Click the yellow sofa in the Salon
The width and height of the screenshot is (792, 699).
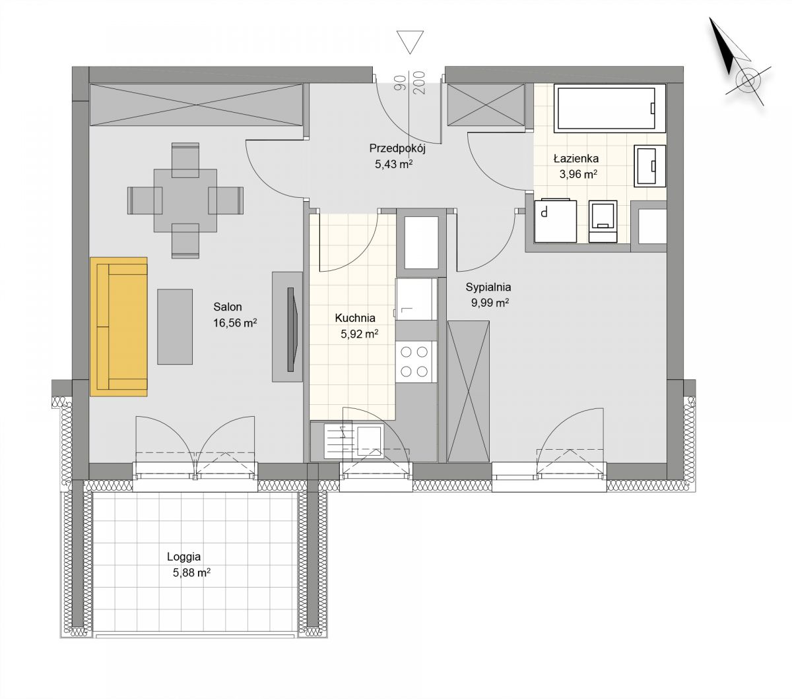118,326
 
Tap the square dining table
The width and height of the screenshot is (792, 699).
185,201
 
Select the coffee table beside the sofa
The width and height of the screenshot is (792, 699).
175,326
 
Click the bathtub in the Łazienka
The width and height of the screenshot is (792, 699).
609,108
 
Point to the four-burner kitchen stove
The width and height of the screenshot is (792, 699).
414,362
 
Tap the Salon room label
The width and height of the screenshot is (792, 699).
228,307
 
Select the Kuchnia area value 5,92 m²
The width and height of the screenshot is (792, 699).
359,334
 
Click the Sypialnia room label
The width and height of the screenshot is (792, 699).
488,287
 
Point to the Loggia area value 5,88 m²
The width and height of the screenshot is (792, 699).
191,573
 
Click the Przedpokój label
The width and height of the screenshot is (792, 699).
397,148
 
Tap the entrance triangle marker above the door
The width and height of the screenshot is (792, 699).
410,42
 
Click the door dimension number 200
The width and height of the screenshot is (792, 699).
418,82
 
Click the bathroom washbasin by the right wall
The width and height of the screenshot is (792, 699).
649,166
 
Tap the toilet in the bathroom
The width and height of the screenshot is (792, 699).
603,222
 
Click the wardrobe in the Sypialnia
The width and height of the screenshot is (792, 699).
469,392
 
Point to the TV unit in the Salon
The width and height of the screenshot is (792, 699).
287,326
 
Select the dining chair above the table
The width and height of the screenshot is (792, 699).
185,160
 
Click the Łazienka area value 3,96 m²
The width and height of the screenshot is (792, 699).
578,174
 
